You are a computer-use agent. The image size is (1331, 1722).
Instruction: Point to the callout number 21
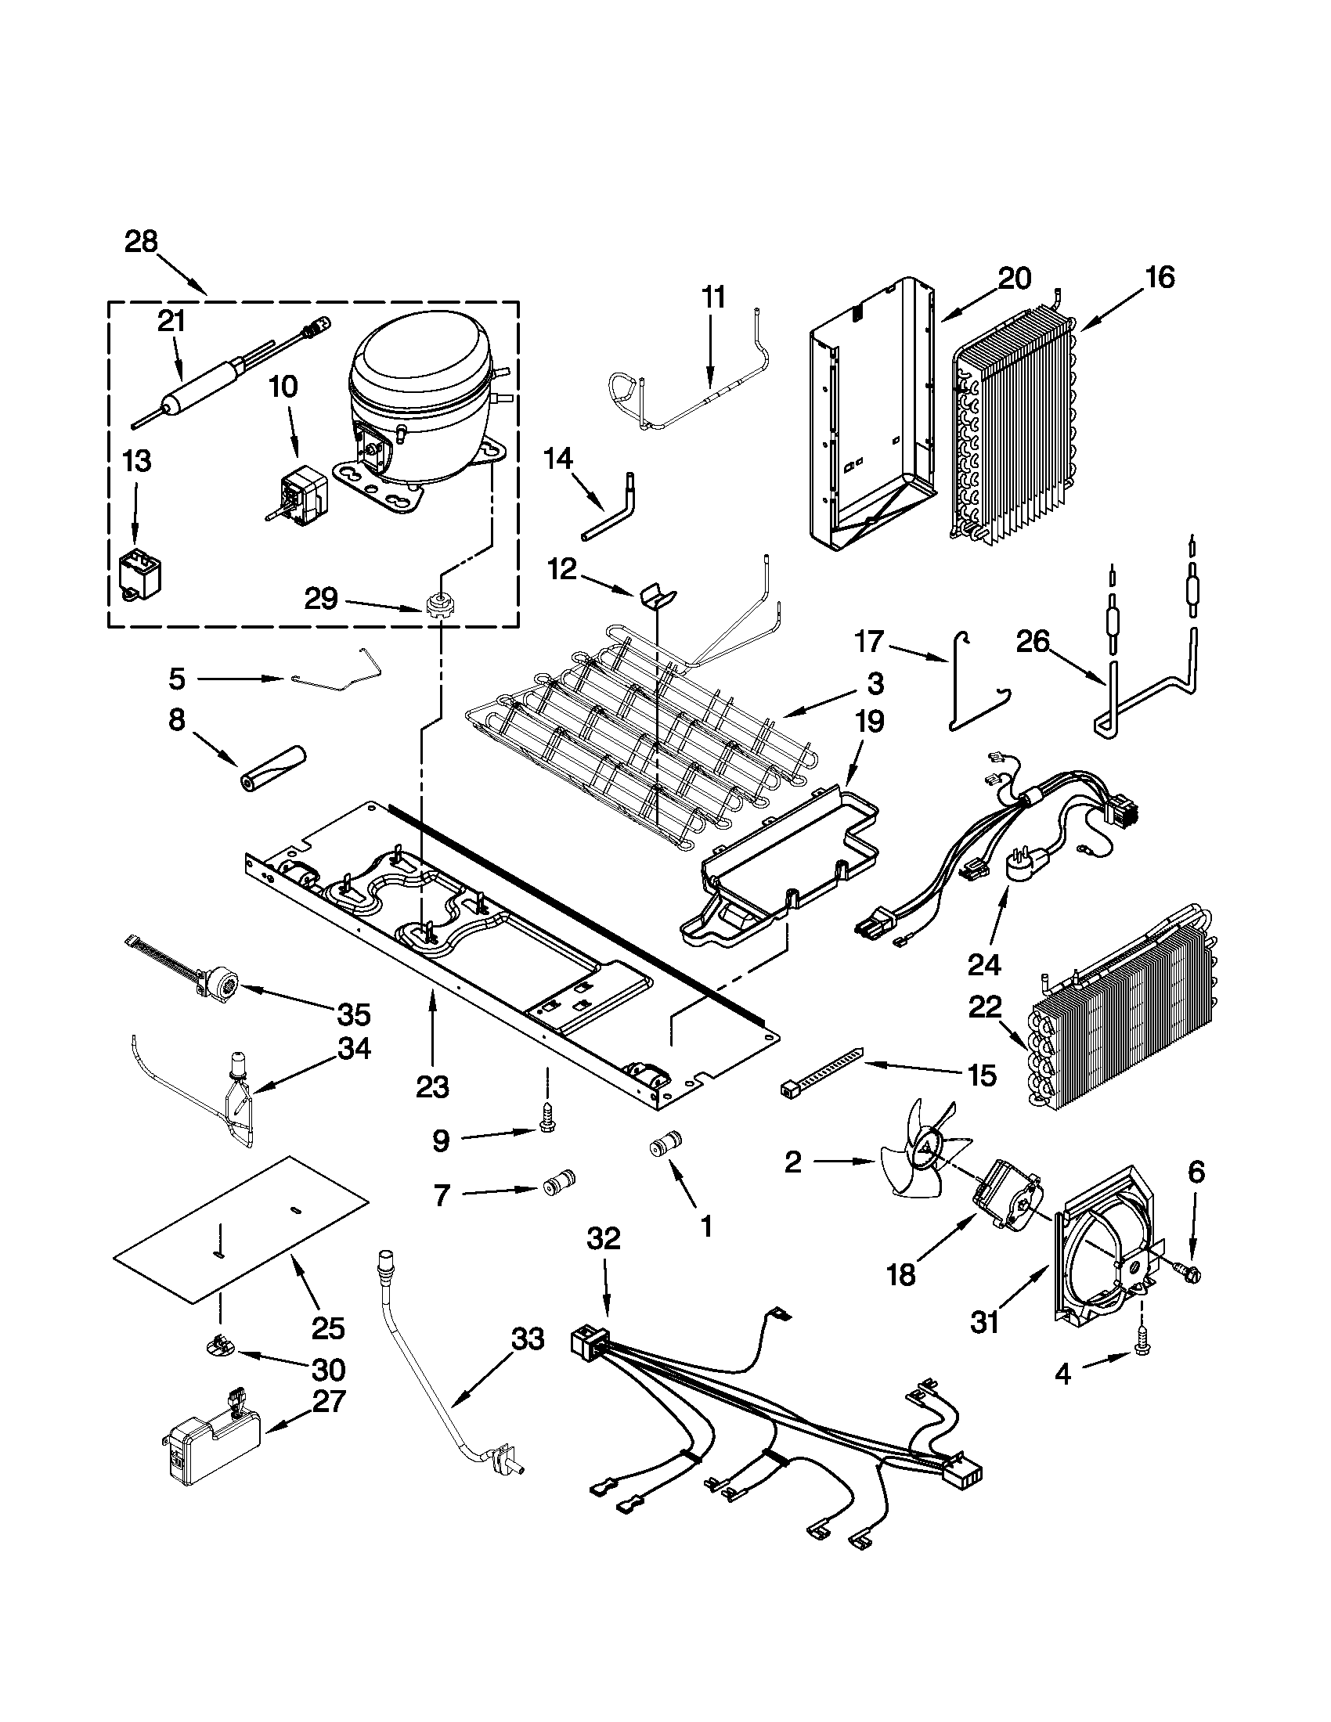171,322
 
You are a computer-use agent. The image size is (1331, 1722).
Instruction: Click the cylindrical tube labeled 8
272,766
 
